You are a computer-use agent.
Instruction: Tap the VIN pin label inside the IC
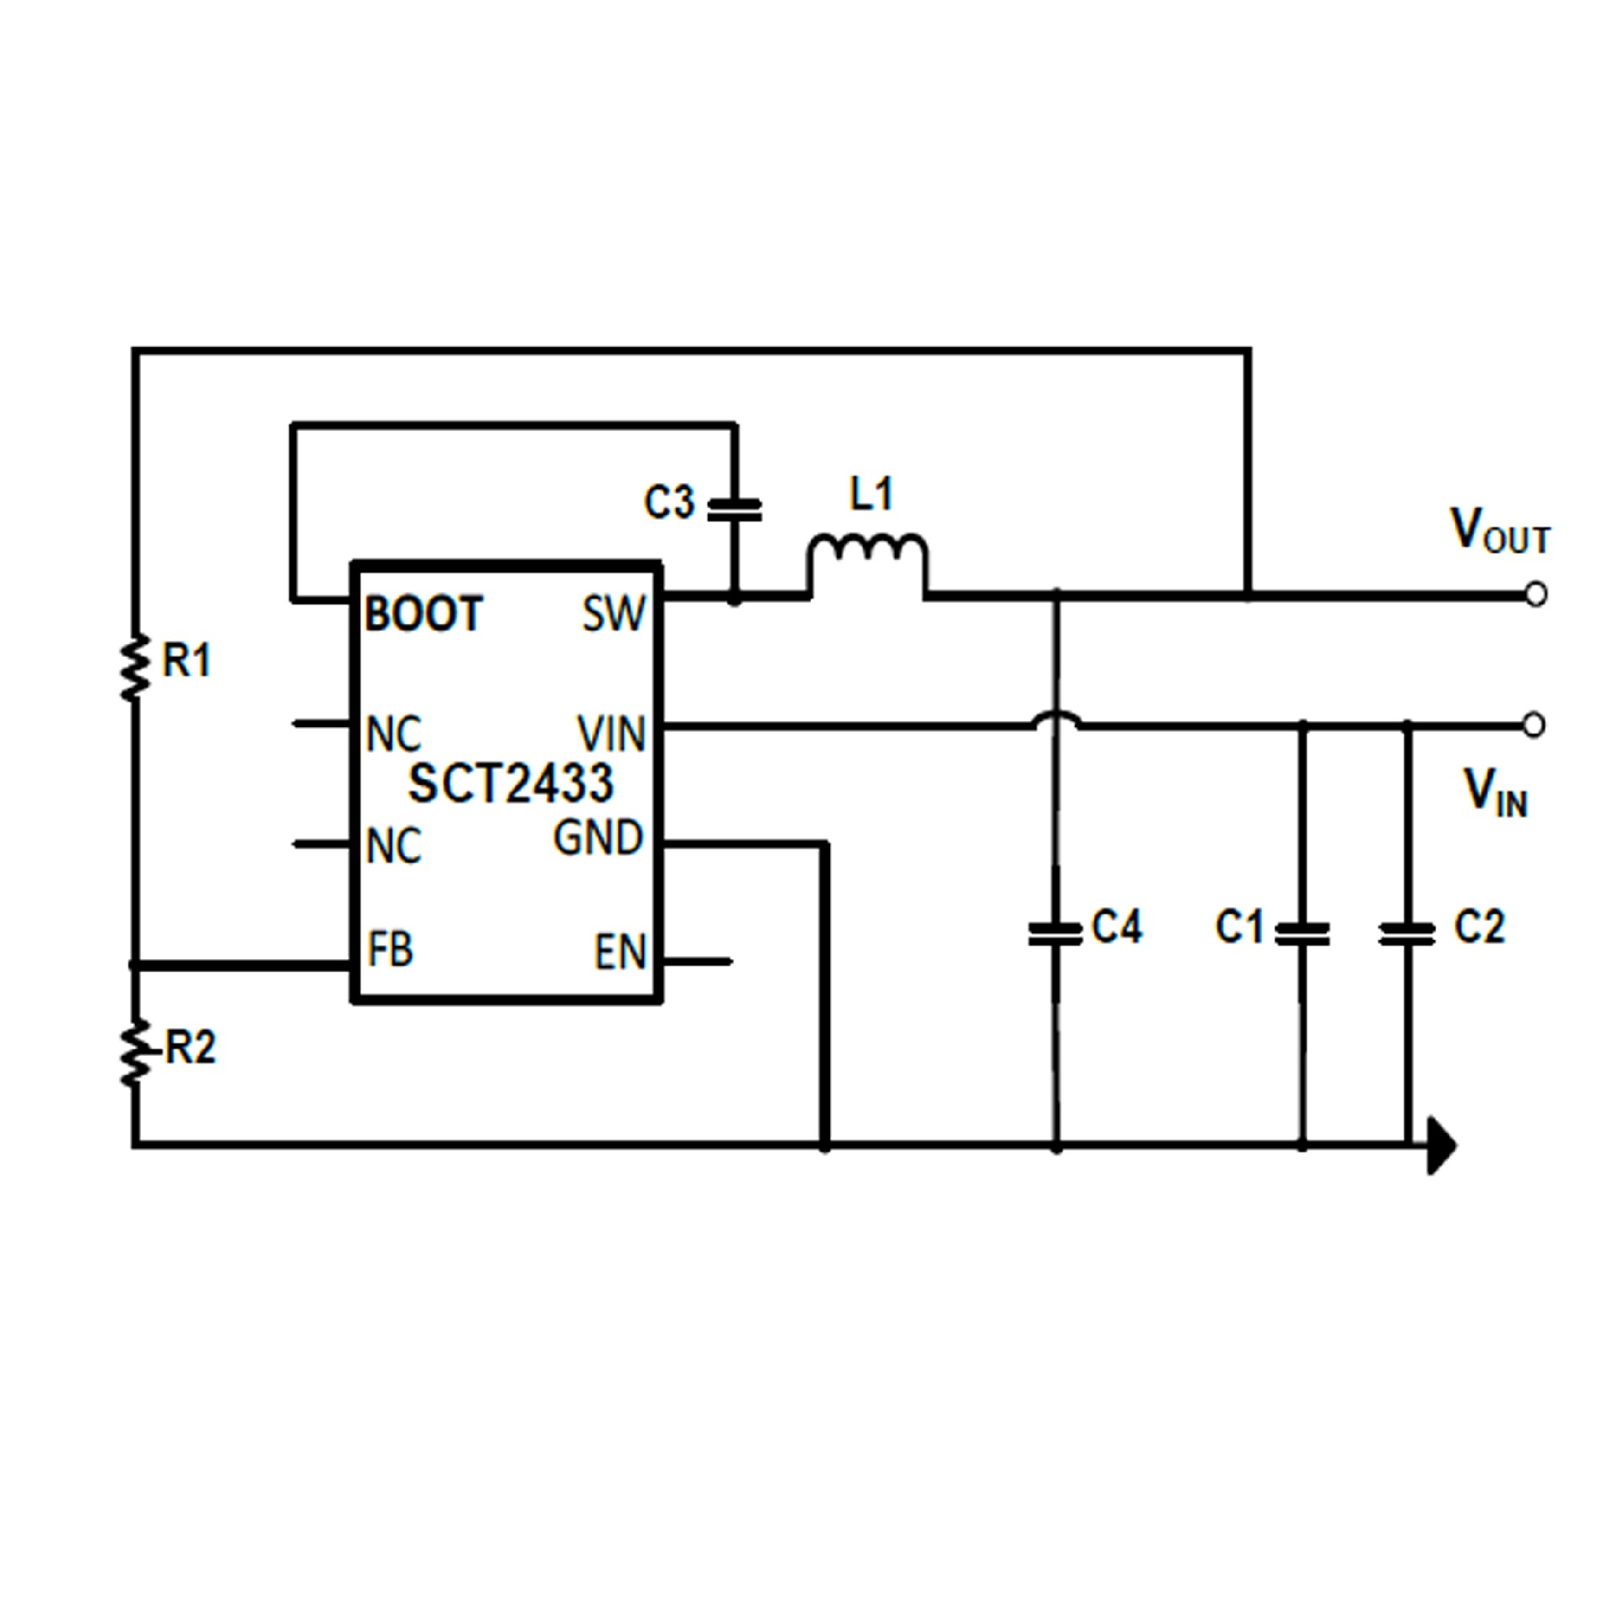tap(611, 734)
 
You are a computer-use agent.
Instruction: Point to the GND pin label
tap(598, 838)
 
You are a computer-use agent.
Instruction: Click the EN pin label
tap(621, 952)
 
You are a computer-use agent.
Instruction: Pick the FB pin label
tap(391, 949)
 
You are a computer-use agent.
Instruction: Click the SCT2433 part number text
tap(511, 783)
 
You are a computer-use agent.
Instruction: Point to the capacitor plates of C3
tap(735, 510)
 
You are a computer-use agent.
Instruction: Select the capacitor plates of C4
tap(1055, 934)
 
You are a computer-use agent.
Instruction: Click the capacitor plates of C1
tap(1301, 934)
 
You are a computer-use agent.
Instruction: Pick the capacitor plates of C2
tap(1406, 934)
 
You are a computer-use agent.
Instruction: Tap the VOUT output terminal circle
tap(1535, 595)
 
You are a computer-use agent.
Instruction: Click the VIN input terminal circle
tap(1534, 724)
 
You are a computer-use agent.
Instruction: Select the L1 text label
tap(871, 494)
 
